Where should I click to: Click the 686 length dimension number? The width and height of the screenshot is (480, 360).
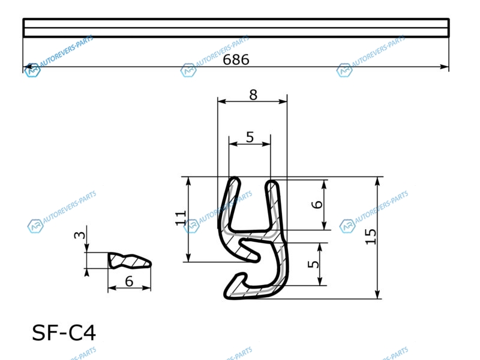(236, 59)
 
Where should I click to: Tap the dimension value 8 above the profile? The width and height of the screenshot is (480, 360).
(253, 95)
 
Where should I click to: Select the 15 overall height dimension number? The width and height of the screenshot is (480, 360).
(371, 236)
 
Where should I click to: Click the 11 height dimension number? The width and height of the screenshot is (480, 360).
(181, 218)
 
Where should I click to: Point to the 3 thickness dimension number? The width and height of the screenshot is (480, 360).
(80, 235)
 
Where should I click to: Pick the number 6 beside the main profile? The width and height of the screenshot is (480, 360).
(317, 205)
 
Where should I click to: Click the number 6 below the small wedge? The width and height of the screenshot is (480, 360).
(129, 281)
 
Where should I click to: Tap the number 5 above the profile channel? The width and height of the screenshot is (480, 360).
(250, 137)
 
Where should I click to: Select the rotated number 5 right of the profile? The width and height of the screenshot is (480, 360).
(313, 264)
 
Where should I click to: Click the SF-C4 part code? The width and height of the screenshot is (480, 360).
(64, 333)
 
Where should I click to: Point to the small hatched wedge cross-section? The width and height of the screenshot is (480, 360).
(130, 261)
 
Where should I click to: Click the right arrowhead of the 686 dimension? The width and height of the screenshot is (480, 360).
(445, 67)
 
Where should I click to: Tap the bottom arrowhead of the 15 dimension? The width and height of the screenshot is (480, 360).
(377, 294)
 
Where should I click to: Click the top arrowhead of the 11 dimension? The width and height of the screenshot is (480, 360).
(188, 182)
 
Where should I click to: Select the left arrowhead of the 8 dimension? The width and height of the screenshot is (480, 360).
(222, 101)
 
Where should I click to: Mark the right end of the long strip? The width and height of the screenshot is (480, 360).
(449, 28)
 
